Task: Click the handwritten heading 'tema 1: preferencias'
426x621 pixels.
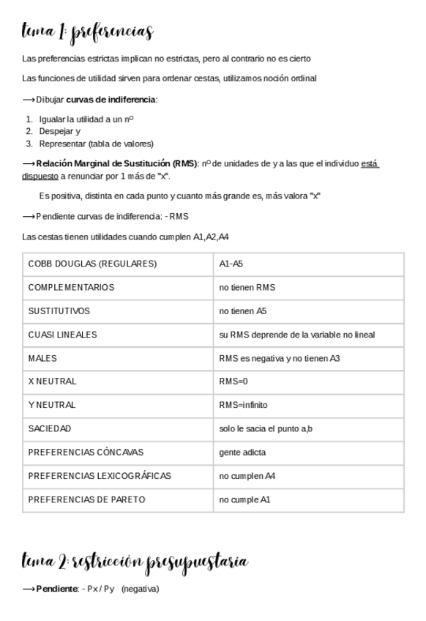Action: click(88, 32)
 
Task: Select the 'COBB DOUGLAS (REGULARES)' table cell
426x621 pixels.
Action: click(92, 264)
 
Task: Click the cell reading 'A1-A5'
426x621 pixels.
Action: click(231, 264)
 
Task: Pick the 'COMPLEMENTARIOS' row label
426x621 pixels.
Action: click(71, 287)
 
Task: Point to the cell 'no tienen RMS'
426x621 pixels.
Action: click(247, 287)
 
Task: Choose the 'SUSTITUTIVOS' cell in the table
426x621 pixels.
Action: click(59, 310)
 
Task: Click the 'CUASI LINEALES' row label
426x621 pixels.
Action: click(62, 335)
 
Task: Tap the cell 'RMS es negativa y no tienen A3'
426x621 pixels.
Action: click(279, 358)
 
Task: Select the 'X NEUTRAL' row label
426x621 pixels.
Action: click(52, 382)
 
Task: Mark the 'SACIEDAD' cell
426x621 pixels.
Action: click(50, 428)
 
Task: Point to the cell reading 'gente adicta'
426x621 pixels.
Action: click(242, 453)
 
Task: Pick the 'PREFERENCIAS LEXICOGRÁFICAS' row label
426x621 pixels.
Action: click(100, 476)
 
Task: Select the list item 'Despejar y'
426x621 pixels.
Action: click(60, 132)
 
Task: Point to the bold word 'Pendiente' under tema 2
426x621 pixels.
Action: click(56, 589)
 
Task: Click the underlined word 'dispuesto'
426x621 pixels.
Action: click(40, 176)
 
